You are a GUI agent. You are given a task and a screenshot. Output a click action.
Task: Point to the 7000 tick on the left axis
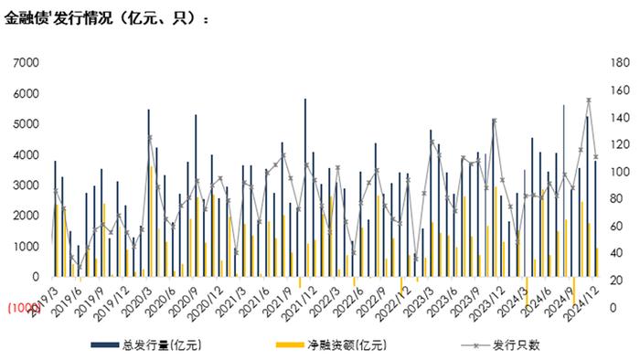[x=26, y=62]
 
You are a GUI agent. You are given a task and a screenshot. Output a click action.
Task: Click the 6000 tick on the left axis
[x=26, y=93]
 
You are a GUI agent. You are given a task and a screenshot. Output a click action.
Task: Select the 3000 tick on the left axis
[x=26, y=185]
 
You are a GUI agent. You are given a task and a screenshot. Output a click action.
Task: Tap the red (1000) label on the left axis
[x=22, y=308]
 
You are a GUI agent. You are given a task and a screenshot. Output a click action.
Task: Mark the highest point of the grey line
[x=589, y=100]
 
